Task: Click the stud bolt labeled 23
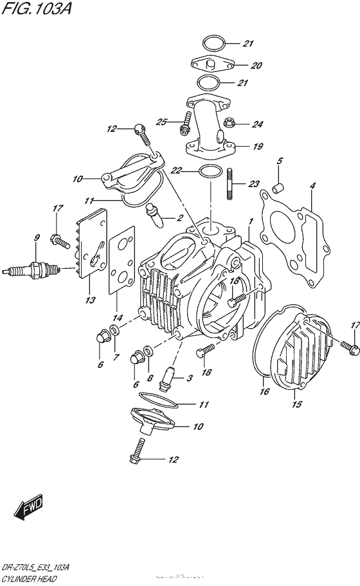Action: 231,183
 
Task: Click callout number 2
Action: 179,218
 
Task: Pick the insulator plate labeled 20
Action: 214,64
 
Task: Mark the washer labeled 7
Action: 114,331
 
